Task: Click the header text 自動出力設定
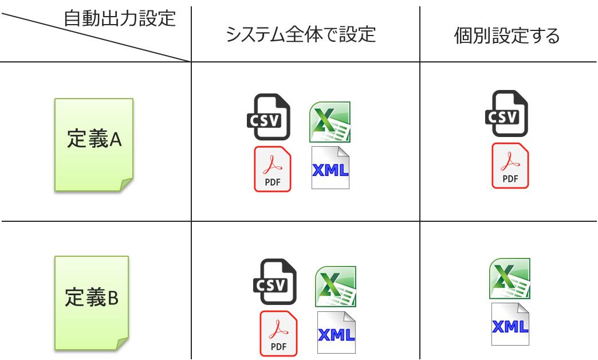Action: click(x=119, y=18)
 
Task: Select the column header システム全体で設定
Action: click(x=301, y=34)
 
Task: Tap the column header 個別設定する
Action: click(x=506, y=36)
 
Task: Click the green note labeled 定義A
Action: click(x=94, y=144)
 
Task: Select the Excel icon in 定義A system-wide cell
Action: click(x=330, y=122)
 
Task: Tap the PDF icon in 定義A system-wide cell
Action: click(x=273, y=169)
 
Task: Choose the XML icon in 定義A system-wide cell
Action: click(x=331, y=168)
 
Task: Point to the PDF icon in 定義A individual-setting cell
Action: click(x=510, y=166)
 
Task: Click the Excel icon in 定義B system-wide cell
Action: click(x=336, y=286)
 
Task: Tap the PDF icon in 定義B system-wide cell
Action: click(x=278, y=333)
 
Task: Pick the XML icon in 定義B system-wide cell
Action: click(x=336, y=333)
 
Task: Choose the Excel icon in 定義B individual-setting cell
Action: click(x=510, y=279)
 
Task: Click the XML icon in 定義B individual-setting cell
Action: click(x=510, y=324)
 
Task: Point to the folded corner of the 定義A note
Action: click(x=127, y=184)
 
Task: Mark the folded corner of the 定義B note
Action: click(x=122, y=343)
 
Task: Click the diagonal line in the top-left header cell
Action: click(x=95, y=34)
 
